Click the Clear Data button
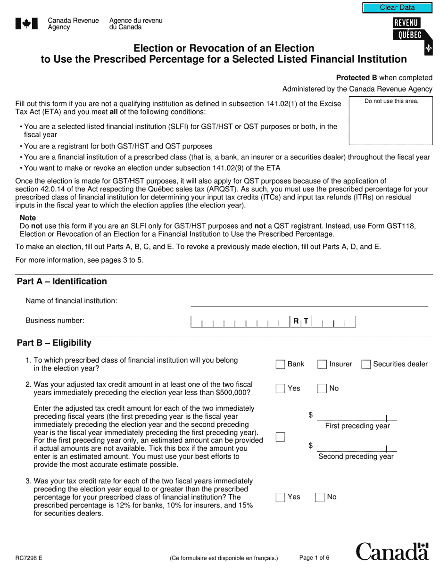(x=397, y=8)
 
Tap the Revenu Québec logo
(x=412, y=35)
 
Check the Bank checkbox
(x=280, y=365)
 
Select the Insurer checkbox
(x=322, y=365)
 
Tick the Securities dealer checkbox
(x=366, y=365)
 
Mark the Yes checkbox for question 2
(x=280, y=389)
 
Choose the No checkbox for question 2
(x=322, y=389)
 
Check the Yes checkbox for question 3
(x=280, y=497)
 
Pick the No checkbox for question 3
(x=320, y=497)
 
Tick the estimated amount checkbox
(x=280, y=437)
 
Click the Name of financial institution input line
(x=309, y=301)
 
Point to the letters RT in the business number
(x=301, y=321)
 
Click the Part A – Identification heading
(x=62, y=282)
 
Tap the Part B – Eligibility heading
(x=54, y=343)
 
